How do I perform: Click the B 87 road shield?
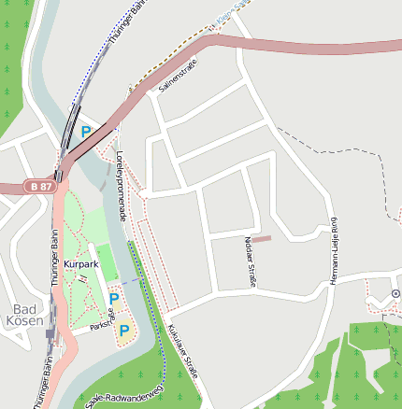(x=39, y=187)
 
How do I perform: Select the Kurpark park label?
(x=81, y=264)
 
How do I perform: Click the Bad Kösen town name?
(x=28, y=315)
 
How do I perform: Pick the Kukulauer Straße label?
(x=182, y=350)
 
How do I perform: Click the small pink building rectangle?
(x=260, y=239)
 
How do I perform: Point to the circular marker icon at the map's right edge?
(x=395, y=293)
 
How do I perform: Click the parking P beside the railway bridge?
(x=86, y=132)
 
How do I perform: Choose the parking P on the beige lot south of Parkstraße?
(x=123, y=330)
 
